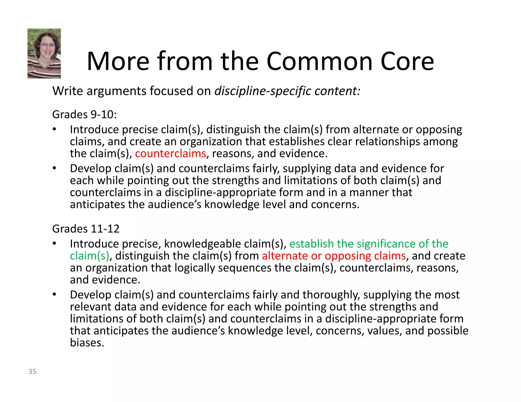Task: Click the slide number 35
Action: [x=32, y=371]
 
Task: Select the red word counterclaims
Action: [x=170, y=153]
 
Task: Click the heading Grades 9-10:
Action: [x=84, y=115]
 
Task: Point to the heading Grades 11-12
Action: [x=86, y=229]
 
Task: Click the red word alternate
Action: [x=285, y=256]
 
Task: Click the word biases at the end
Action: [x=87, y=343]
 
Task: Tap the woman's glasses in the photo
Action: [x=47, y=45]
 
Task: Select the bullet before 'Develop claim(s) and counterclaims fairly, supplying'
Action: [x=54, y=168]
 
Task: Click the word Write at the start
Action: [x=67, y=91]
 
